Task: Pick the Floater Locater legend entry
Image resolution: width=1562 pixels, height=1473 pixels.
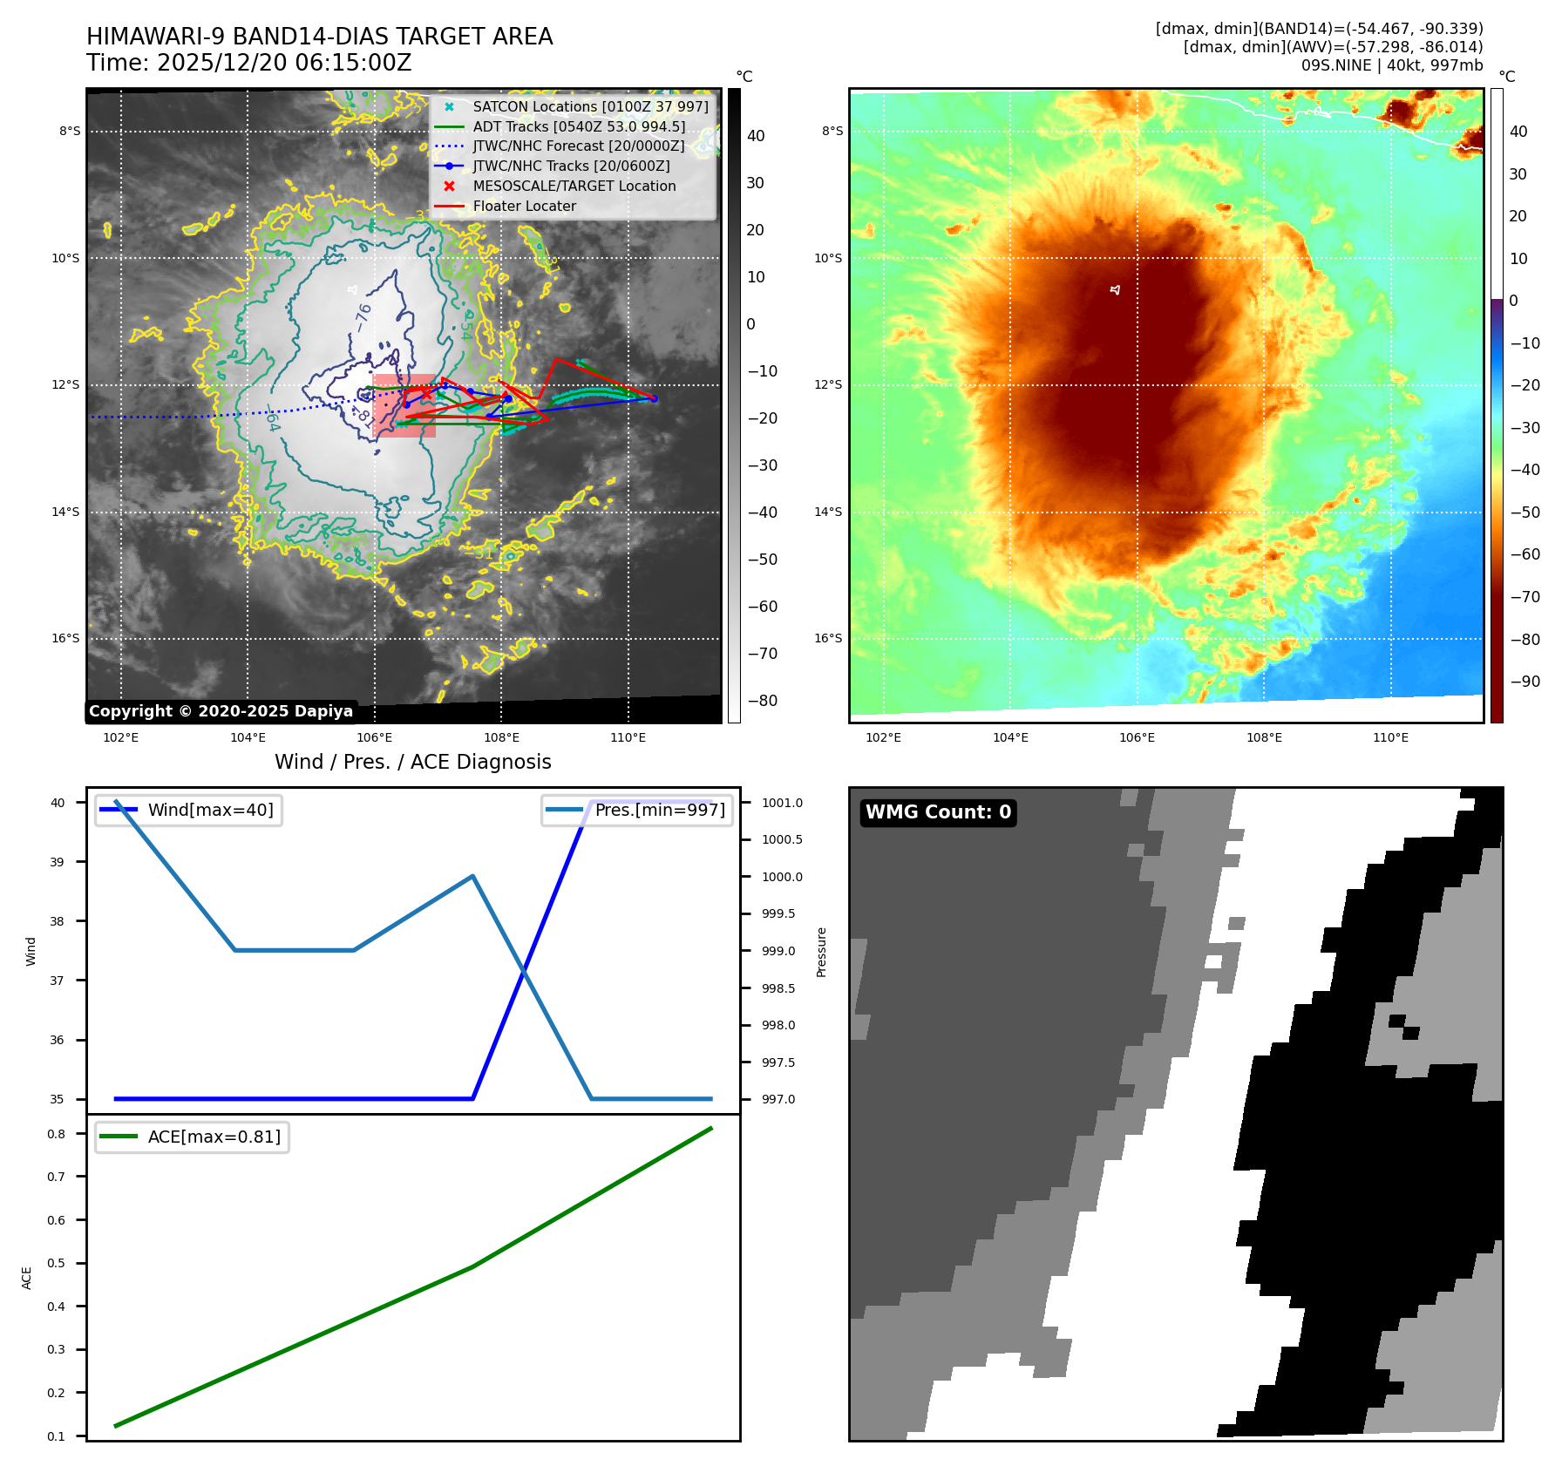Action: [524, 206]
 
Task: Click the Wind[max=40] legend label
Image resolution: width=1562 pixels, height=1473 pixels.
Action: [210, 810]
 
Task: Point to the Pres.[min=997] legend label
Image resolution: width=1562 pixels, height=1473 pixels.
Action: [659, 810]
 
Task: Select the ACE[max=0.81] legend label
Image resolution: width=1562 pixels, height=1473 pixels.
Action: [214, 1137]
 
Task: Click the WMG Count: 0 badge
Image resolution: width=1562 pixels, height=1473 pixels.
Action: [938, 812]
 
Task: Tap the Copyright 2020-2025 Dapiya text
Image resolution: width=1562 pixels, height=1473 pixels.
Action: [221, 711]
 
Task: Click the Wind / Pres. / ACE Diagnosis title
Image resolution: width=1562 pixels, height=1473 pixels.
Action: [413, 762]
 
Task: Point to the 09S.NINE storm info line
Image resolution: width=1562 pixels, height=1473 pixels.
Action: [1391, 65]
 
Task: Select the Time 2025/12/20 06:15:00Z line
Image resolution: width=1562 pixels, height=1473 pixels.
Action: [248, 63]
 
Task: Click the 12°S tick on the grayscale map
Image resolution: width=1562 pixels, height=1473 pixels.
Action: [65, 384]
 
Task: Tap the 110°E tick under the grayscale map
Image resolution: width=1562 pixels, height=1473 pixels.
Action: [628, 737]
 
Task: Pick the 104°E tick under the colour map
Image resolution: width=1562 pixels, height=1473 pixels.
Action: [1010, 737]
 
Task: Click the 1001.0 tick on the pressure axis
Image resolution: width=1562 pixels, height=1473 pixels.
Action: [782, 803]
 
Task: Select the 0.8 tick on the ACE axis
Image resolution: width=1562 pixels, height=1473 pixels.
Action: [57, 1134]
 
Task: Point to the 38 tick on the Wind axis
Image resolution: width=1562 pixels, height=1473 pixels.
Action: [58, 921]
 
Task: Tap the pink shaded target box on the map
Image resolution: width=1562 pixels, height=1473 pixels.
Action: [404, 405]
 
